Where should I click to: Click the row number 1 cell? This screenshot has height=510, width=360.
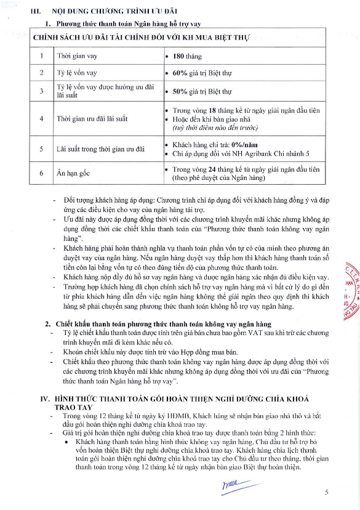tap(42, 56)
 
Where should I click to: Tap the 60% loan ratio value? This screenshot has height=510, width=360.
tap(178, 73)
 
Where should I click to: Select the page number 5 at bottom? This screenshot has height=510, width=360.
tap(327, 492)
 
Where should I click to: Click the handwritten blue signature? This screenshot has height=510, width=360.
tap(233, 486)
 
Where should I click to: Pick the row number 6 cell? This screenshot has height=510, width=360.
tap(42, 173)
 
